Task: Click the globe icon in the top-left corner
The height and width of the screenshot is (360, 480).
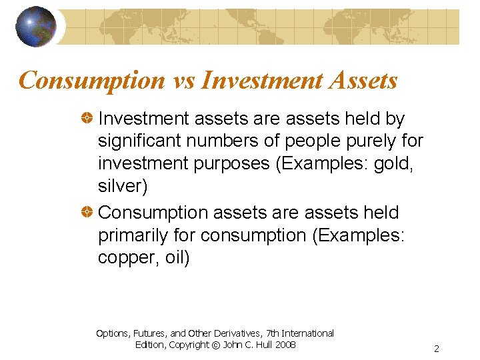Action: (35, 27)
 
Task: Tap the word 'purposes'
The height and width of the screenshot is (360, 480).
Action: (230, 164)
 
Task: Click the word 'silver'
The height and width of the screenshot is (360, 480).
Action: (120, 187)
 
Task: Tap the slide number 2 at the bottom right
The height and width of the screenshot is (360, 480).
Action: (436, 349)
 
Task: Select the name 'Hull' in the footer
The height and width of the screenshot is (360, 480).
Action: (259, 345)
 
